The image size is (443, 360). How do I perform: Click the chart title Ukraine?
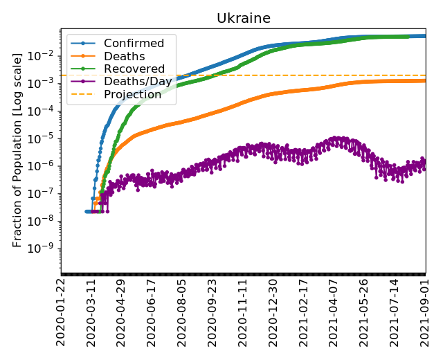pos(243,18)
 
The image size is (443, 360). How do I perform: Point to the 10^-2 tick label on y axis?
pos(44,55)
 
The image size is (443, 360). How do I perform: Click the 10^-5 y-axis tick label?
pos(44,138)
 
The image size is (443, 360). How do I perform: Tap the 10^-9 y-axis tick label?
pos(44,249)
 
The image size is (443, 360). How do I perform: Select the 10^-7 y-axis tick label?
pos(44,193)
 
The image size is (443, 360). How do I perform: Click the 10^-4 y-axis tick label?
pos(44,111)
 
